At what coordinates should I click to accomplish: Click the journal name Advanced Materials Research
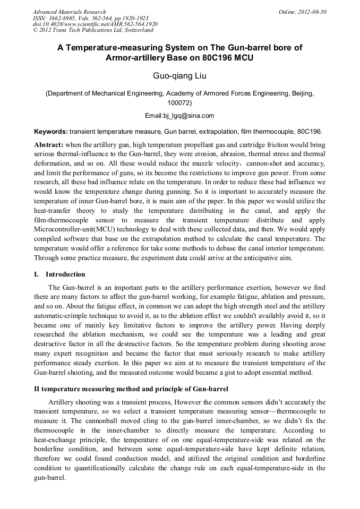69,12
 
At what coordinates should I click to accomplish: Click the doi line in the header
95,24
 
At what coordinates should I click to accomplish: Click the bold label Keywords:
51,131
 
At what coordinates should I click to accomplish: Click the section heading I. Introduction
59,274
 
